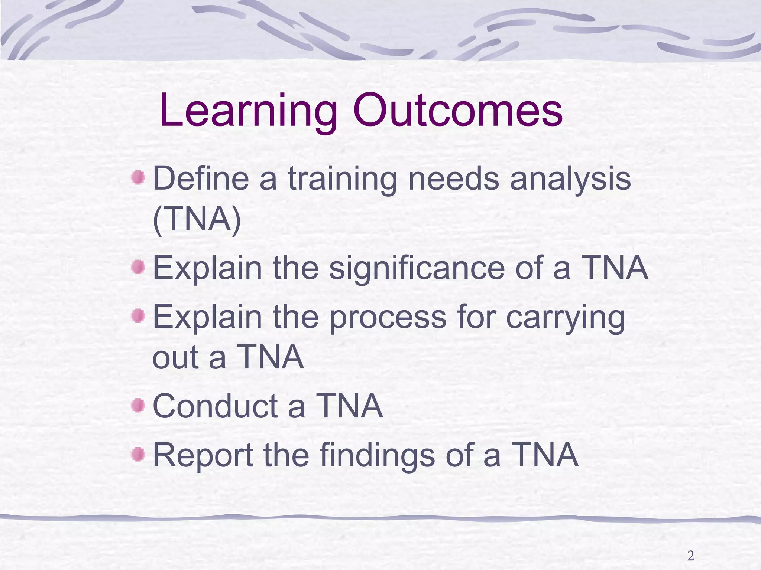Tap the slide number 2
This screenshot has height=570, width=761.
[690, 556]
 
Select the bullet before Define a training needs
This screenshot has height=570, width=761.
[138, 177]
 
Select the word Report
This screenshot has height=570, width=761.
[203, 456]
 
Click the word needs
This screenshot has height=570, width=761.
[453, 179]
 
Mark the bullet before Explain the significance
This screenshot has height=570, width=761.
[138, 267]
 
